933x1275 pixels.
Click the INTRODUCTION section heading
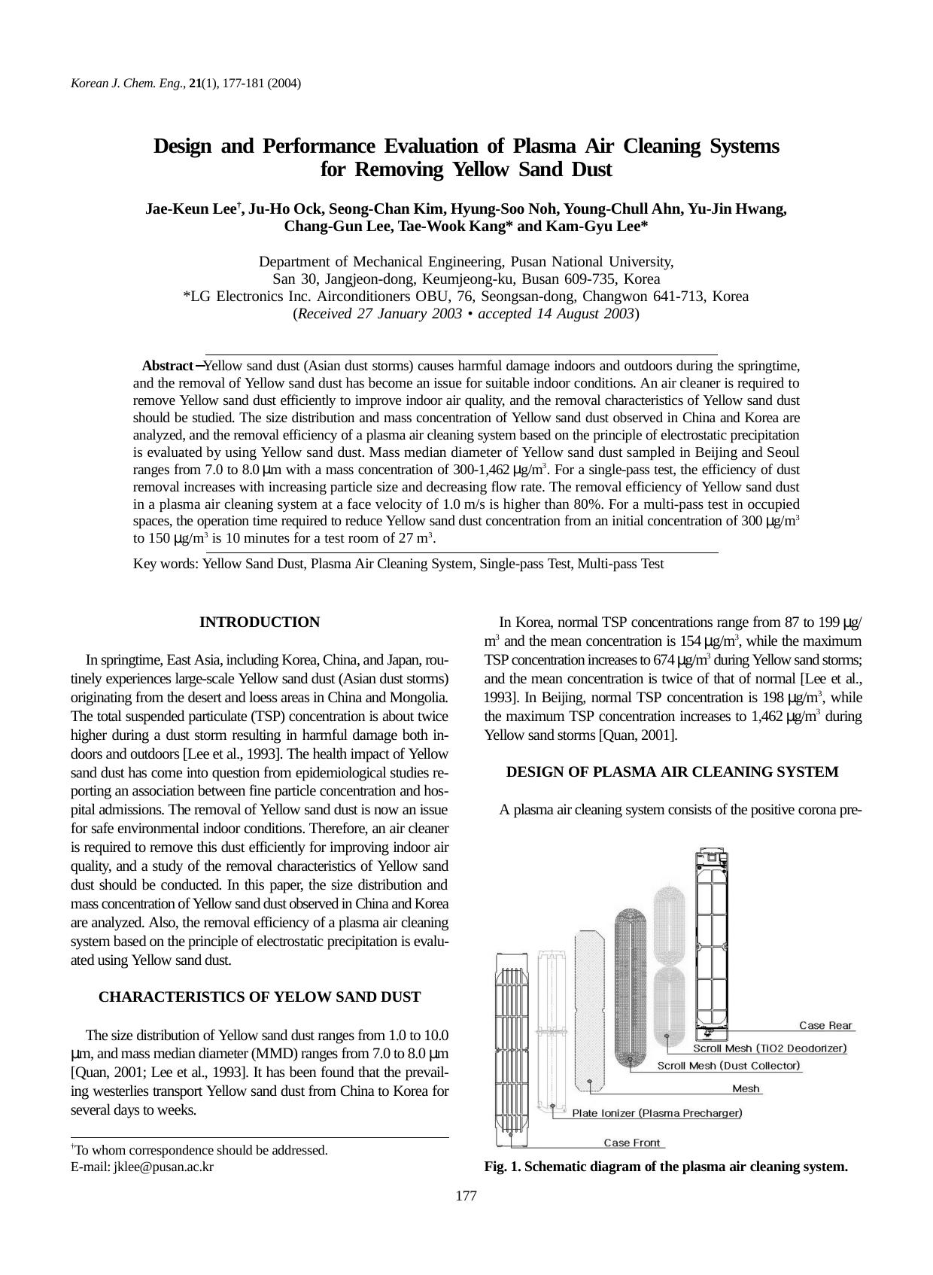[x=259, y=622]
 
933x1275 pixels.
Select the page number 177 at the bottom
[x=466, y=1196]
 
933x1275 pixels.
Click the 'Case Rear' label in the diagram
[x=825, y=1025]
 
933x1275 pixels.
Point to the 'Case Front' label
[x=632, y=1143]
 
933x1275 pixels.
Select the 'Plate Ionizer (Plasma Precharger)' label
[x=657, y=1113]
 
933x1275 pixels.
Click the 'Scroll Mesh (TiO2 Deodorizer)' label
[x=770, y=1048]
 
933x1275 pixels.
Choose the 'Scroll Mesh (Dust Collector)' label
[x=728, y=1066]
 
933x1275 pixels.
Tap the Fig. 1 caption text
[x=666, y=1167]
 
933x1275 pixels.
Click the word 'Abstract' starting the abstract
[x=168, y=366]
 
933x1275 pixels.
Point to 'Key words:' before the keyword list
[x=166, y=564]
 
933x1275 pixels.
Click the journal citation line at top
[x=186, y=84]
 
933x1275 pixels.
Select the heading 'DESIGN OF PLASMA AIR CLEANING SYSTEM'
[x=672, y=772]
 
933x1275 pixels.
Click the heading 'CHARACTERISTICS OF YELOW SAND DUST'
[x=259, y=997]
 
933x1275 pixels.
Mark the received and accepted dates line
[x=466, y=314]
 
